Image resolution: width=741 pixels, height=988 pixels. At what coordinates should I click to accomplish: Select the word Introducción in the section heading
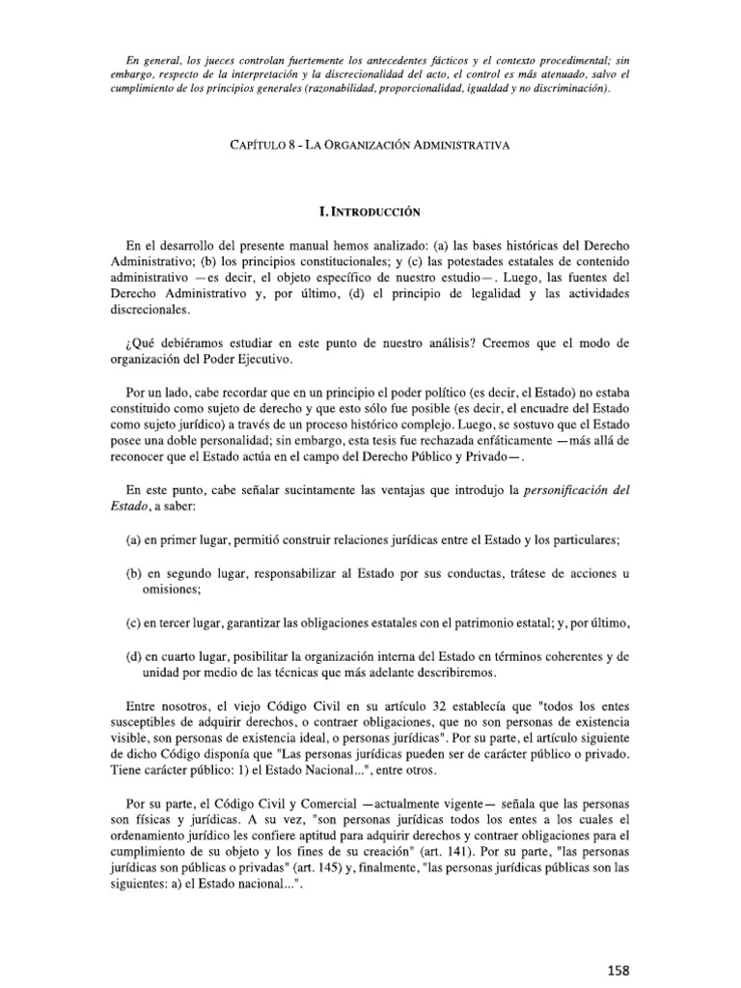pyautogui.click(x=384, y=209)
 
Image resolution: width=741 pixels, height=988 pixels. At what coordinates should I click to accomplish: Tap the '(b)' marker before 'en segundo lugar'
pyautogui.click(x=134, y=574)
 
